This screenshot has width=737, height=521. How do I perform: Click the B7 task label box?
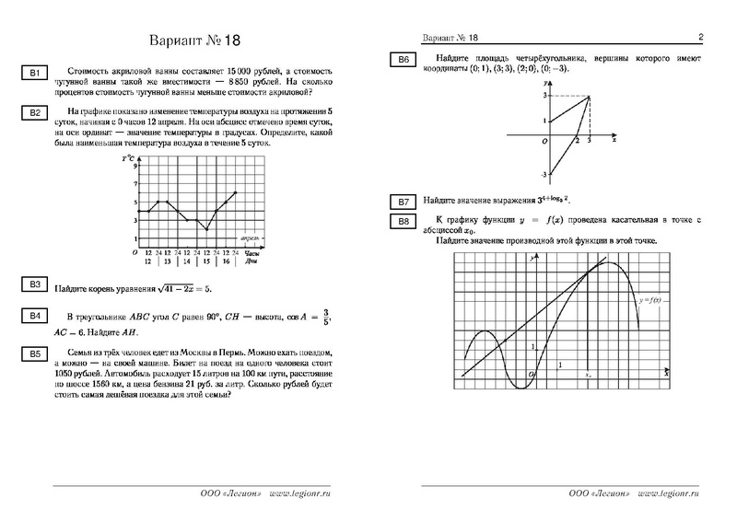coord(404,202)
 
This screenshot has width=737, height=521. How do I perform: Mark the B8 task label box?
coord(404,222)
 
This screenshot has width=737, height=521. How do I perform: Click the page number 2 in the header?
coord(701,38)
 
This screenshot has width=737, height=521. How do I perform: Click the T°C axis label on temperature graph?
coord(127,159)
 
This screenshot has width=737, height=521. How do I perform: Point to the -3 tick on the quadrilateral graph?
coord(544,174)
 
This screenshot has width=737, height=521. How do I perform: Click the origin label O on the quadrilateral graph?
coord(544,142)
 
